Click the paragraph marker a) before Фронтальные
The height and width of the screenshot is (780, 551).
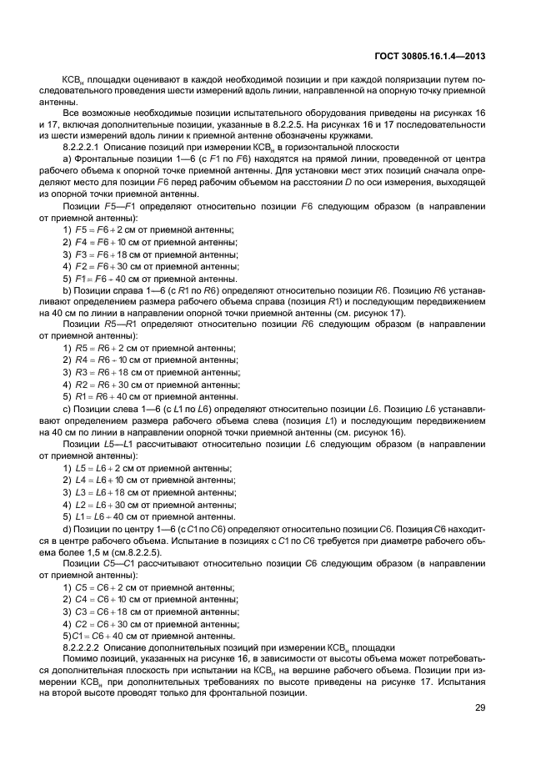(67, 159)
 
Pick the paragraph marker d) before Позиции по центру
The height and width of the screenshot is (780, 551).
(67, 528)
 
